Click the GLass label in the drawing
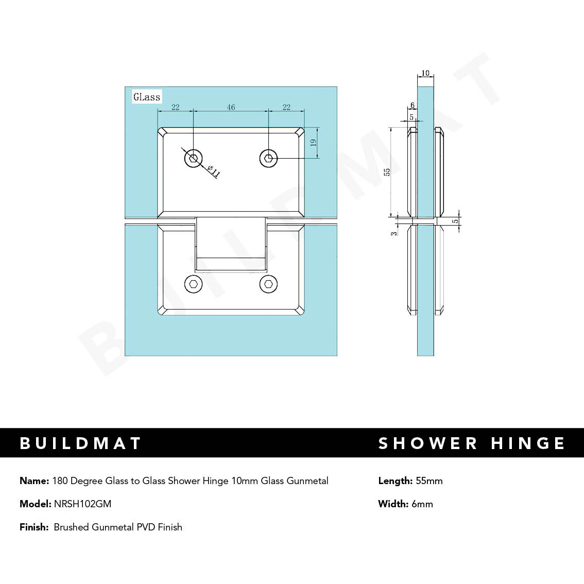pos(147,97)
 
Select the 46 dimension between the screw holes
pos(231,107)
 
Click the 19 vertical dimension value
pos(313,143)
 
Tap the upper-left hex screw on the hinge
pos(194,159)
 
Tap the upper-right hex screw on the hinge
pos(268,159)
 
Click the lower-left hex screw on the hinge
pos(194,284)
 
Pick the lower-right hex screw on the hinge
pos(268,284)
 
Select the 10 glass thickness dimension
pos(425,73)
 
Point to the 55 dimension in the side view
pos(387,171)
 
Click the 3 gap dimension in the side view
pos(394,233)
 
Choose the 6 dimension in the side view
pos(413,106)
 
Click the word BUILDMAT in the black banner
pos(80,443)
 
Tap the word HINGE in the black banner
pos(528,443)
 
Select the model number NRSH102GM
pos(82,504)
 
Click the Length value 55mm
pos(429,481)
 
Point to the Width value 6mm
pos(422,504)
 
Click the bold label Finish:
pos(34,527)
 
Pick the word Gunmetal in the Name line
pos(307,481)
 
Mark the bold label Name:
pos(34,481)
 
